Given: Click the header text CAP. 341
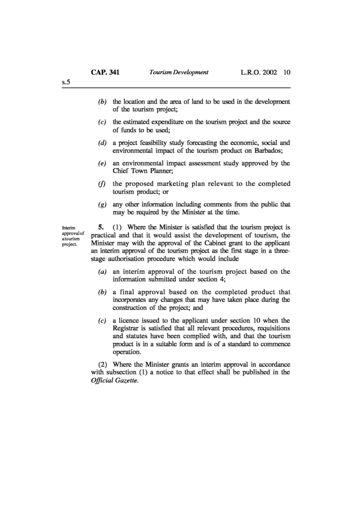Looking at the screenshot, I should click(x=105, y=72).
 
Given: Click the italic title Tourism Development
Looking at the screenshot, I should click(x=179, y=72).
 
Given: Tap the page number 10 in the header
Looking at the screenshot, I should click(x=287, y=72).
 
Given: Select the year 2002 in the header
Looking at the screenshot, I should click(x=267, y=72).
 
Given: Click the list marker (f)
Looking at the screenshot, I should click(x=102, y=184).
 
